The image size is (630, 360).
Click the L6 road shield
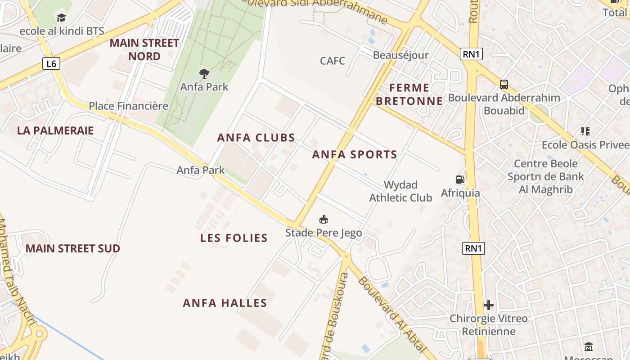tap(52, 64)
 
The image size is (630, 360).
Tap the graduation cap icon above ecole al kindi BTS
tap(61, 18)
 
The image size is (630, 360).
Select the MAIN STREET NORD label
tap(144, 49)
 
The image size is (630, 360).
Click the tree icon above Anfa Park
tap(204, 73)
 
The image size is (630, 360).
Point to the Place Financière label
tap(128, 106)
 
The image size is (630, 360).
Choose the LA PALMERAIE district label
tap(55, 130)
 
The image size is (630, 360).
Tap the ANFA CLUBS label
tap(256, 138)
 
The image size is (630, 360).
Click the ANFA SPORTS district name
tap(355, 155)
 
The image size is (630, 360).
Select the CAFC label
tap(333, 60)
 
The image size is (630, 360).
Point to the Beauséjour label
tap(400, 55)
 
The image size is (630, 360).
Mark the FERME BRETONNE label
tap(409, 94)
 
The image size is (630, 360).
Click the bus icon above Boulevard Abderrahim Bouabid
tap(504, 85)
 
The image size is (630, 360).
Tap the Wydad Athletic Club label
tap(400, 191)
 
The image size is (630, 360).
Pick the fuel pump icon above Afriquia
tap(460, 180)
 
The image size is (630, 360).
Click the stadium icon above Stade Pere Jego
tap(323, 220)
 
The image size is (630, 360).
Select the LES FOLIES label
tap(234, 238)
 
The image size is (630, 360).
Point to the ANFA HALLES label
tap(225, 303)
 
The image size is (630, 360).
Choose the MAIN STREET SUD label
tap(72, 249)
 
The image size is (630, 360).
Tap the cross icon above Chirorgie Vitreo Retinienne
tap(488, 305)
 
